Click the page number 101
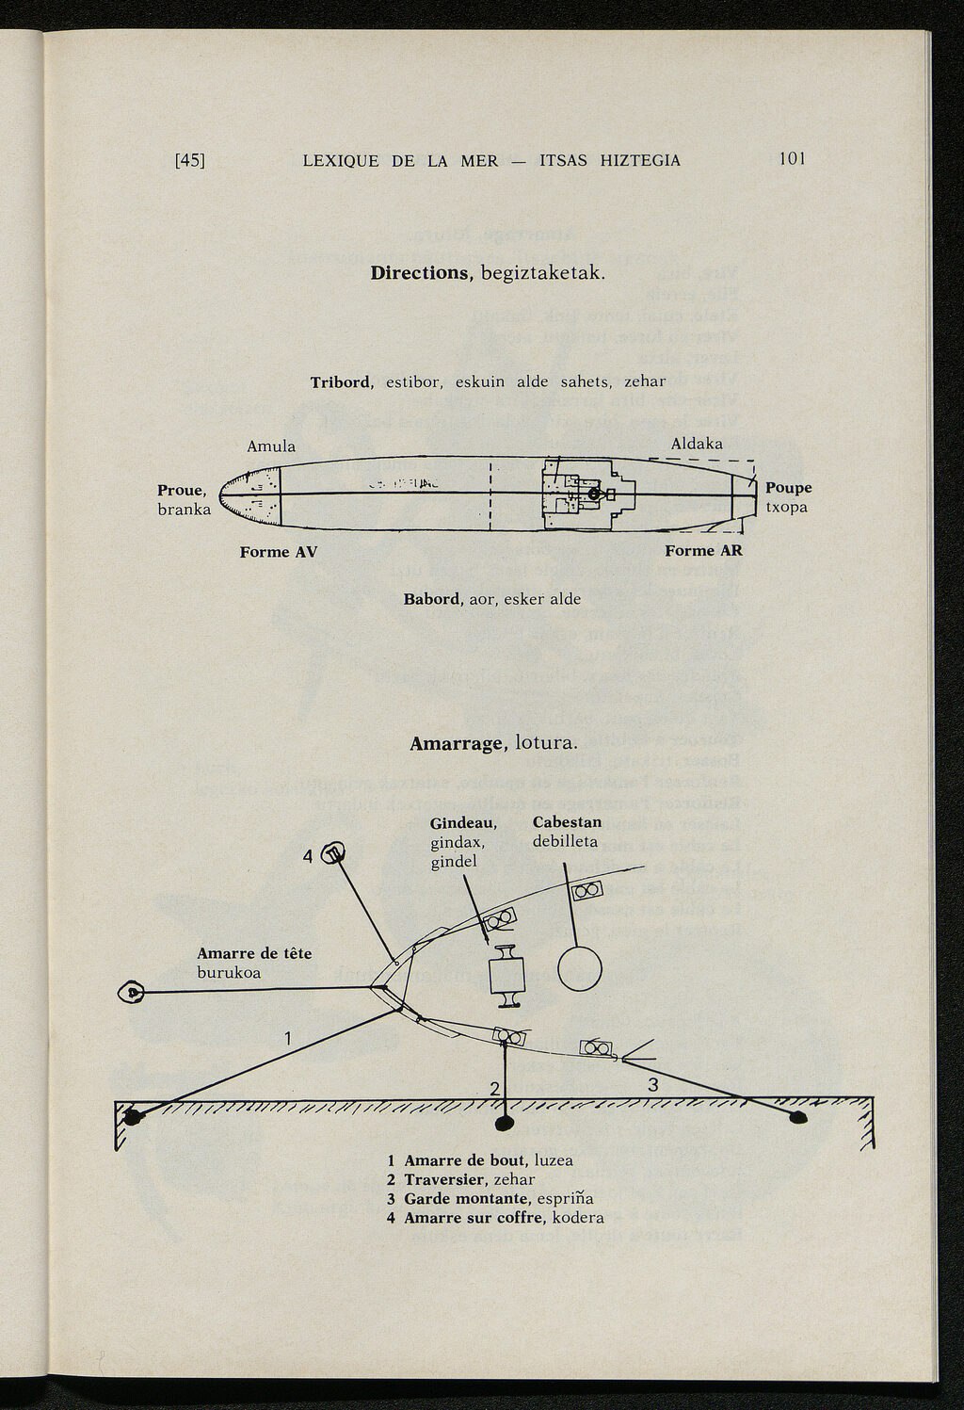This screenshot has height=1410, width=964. [792, 158]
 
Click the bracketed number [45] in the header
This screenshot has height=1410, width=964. [190, 160]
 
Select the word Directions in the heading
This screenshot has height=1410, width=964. [420, 273]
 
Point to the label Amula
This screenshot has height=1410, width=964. [271, 446]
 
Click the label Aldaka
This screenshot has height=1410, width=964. [697, 444]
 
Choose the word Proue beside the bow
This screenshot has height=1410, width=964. [181, 491]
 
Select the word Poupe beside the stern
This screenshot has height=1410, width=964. [788, 488]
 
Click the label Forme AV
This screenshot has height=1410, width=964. [278, 552]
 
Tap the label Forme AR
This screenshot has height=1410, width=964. [703, 551]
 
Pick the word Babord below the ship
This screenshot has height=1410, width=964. [432, 599]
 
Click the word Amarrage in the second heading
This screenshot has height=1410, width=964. [458, 744]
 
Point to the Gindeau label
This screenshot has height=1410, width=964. [463, 823]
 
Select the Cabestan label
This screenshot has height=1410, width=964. [567, 822]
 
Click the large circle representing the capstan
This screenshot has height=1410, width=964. [579, 967]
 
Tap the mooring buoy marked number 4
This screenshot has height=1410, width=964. [333, 854]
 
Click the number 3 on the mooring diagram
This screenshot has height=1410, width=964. [653, 1085]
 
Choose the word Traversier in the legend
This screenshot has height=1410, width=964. [445, 1179]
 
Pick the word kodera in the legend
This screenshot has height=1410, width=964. [578, 1218]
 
